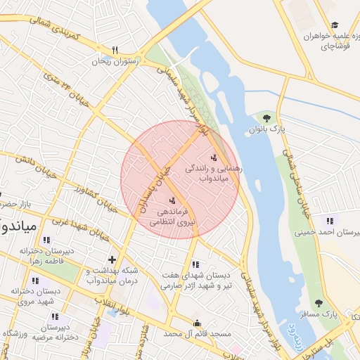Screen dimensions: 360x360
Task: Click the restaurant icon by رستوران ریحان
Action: click(115, 50)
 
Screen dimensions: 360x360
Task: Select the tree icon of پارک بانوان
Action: click(266, 117)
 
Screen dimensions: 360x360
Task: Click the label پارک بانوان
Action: click(267, 129)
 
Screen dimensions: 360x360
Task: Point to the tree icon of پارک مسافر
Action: click(319, 303)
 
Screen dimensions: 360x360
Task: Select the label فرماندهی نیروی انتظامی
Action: click(172, 217)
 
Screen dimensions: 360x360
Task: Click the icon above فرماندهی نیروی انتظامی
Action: click(173, 201)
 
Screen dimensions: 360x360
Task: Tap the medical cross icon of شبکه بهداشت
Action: click(112, 259)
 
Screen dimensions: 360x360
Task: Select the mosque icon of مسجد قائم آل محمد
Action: click(196, 323)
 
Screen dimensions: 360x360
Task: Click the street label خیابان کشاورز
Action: click(94, 197)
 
